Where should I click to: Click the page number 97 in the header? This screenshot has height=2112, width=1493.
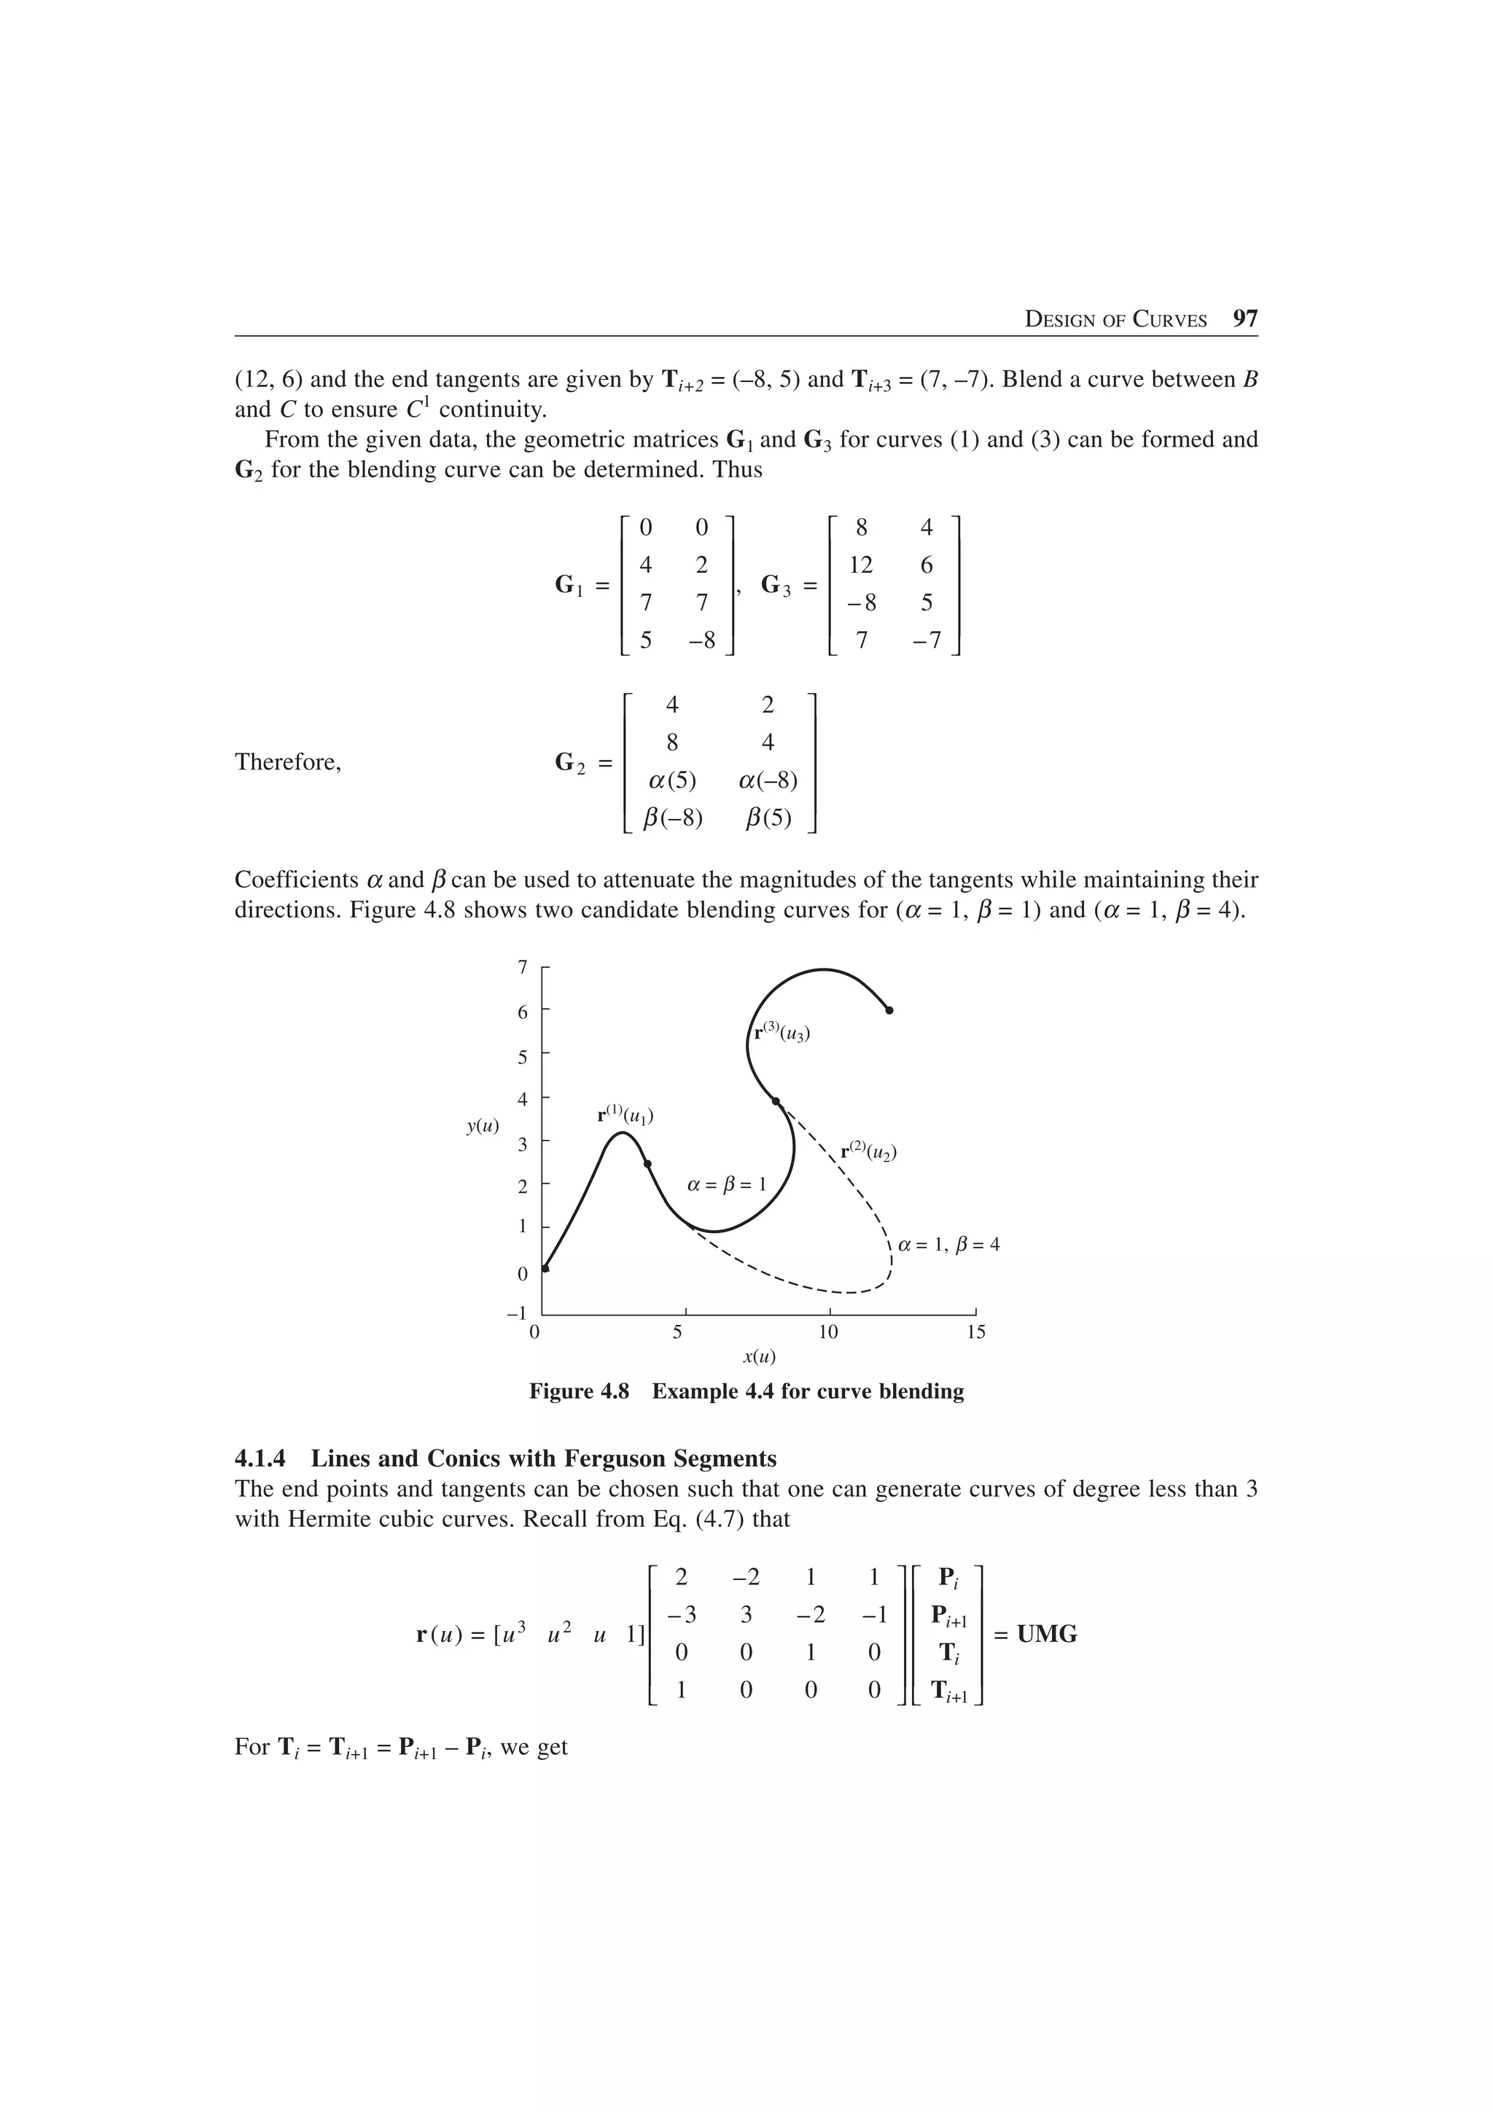click(1244, 319)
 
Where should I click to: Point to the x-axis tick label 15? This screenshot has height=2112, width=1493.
click(976, 1332)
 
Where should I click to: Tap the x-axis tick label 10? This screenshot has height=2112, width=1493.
click(828, 1332)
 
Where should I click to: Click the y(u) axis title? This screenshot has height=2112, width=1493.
click(483, 1126)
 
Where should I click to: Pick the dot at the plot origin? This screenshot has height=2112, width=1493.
click(545, 1269)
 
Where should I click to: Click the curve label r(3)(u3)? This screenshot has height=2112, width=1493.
click(782, 1032)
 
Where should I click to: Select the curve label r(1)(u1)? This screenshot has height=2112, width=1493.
click(625, 1116)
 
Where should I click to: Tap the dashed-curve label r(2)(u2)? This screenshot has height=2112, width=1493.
click(868, 1151)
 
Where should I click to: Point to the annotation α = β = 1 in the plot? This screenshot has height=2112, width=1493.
click(727, 1185)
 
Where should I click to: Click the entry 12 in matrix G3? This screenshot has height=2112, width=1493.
click(861, 565)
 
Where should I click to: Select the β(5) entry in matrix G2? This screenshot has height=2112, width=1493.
click(768, 818)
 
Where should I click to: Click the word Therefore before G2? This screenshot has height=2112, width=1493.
click(288, 762)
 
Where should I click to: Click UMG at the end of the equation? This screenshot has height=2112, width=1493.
click(1047, 1635)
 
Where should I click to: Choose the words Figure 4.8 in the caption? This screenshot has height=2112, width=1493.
click(579, 1392)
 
